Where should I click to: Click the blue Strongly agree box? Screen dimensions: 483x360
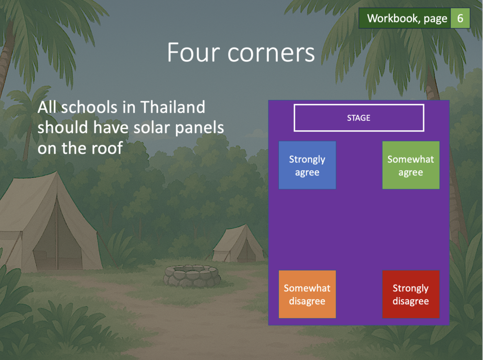click(307, 165)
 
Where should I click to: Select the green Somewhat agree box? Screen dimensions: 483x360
click(411, 165)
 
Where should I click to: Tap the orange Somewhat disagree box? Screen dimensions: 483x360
click(307, 294)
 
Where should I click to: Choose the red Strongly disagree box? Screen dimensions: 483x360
click(411, 294)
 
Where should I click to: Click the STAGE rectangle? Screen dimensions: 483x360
click(359, 118)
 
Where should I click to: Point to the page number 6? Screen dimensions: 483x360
click(460, 18)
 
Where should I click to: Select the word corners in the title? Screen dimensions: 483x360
click(271, 53)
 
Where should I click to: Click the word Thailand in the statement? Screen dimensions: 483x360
click(173, 107)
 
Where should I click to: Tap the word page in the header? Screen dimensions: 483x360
click(435, 19)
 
